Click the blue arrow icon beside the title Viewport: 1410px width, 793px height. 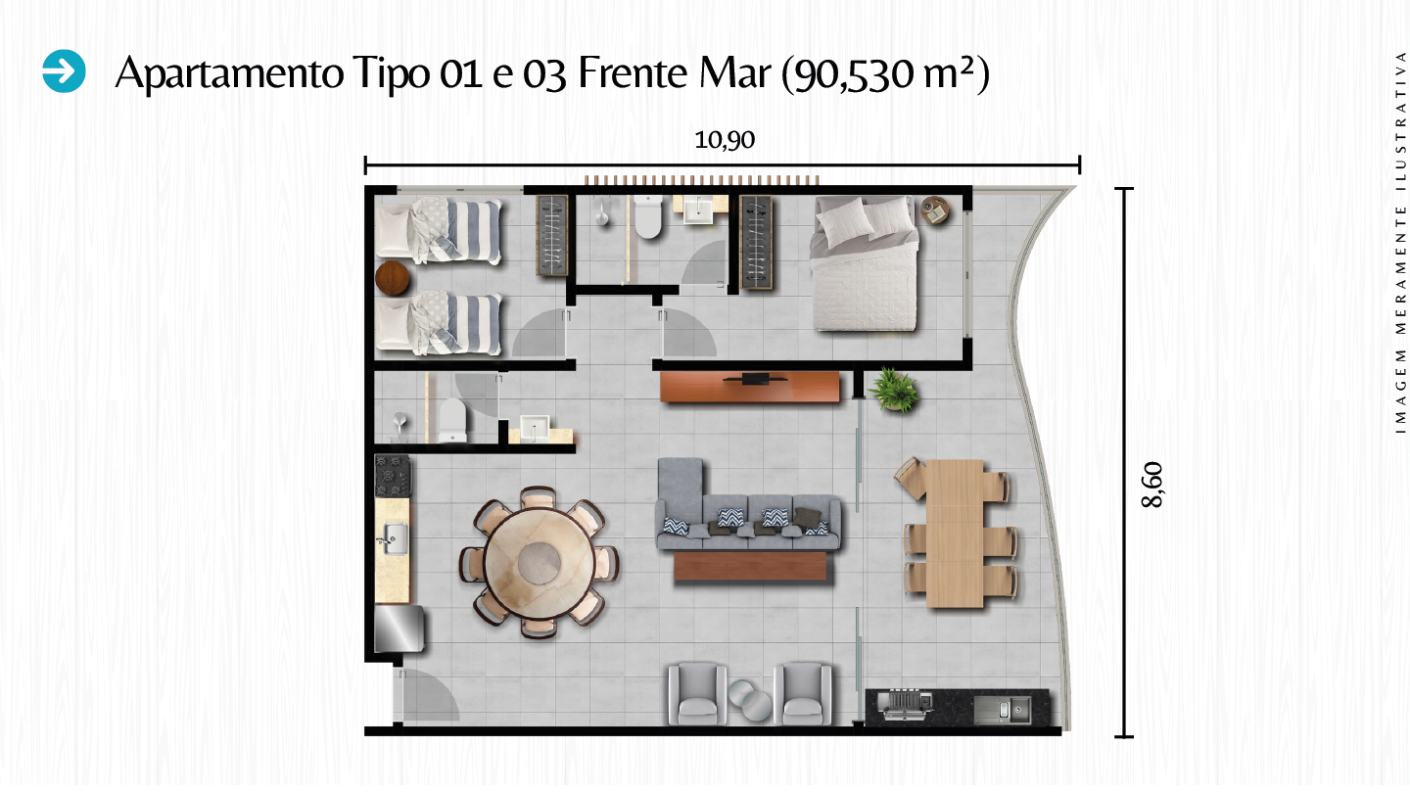[65, 71]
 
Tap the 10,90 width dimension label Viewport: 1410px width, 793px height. [724, 140]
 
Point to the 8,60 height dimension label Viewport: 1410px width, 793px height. [1152, 484]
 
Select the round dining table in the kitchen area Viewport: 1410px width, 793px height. [539, 562]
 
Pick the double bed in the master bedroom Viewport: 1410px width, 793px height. [865, 263]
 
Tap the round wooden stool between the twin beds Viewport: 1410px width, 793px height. [392, 278]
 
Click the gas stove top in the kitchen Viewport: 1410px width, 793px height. [392, 476]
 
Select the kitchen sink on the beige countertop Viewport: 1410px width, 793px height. [393, 538]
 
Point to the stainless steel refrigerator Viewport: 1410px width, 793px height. [399, 629]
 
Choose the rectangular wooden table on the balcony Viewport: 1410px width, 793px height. [955, 534]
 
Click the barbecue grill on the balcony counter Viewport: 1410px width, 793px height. [906, 705]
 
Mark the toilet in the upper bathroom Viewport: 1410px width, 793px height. [648, 216]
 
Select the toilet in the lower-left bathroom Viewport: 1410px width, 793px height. [452, 420]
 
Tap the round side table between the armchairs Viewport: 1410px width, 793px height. [750, 699]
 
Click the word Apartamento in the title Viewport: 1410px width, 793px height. [229, 74]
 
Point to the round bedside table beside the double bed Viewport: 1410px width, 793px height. [935, 210]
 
